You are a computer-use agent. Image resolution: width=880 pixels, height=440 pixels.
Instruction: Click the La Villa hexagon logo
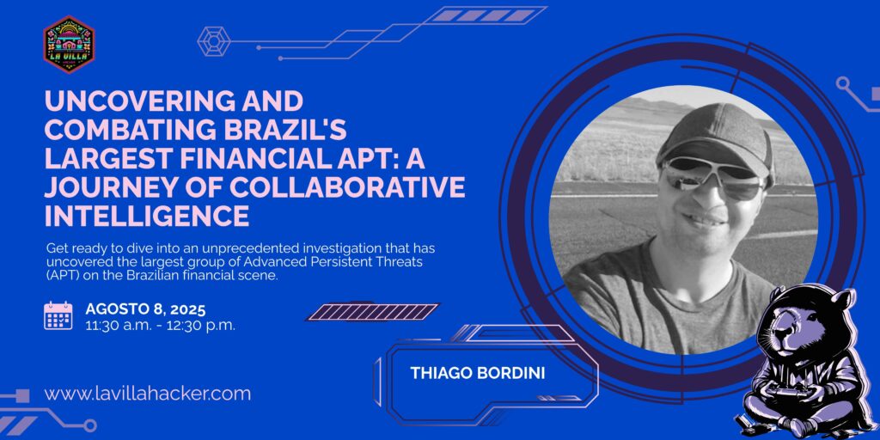click(69, 45)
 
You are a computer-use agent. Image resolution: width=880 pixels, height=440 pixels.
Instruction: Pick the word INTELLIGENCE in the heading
click(147, 216)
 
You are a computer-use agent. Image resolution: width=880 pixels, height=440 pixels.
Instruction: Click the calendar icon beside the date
click(58, 315)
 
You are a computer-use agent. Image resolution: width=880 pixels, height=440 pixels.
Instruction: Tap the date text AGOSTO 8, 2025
click(145, 309)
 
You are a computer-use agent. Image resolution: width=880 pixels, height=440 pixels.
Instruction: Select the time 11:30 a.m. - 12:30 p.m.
click(161, 325)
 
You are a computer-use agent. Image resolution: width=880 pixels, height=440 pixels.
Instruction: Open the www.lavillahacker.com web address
click(148, 394)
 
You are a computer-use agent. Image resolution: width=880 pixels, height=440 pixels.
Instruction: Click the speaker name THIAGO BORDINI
click(478, 373)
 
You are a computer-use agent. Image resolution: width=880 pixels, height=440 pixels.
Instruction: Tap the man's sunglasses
click(713, 178)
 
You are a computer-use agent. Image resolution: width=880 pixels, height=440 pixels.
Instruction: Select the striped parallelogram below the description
click(373, 312)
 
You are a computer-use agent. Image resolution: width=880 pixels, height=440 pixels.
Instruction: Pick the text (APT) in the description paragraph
click(59, 278)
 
